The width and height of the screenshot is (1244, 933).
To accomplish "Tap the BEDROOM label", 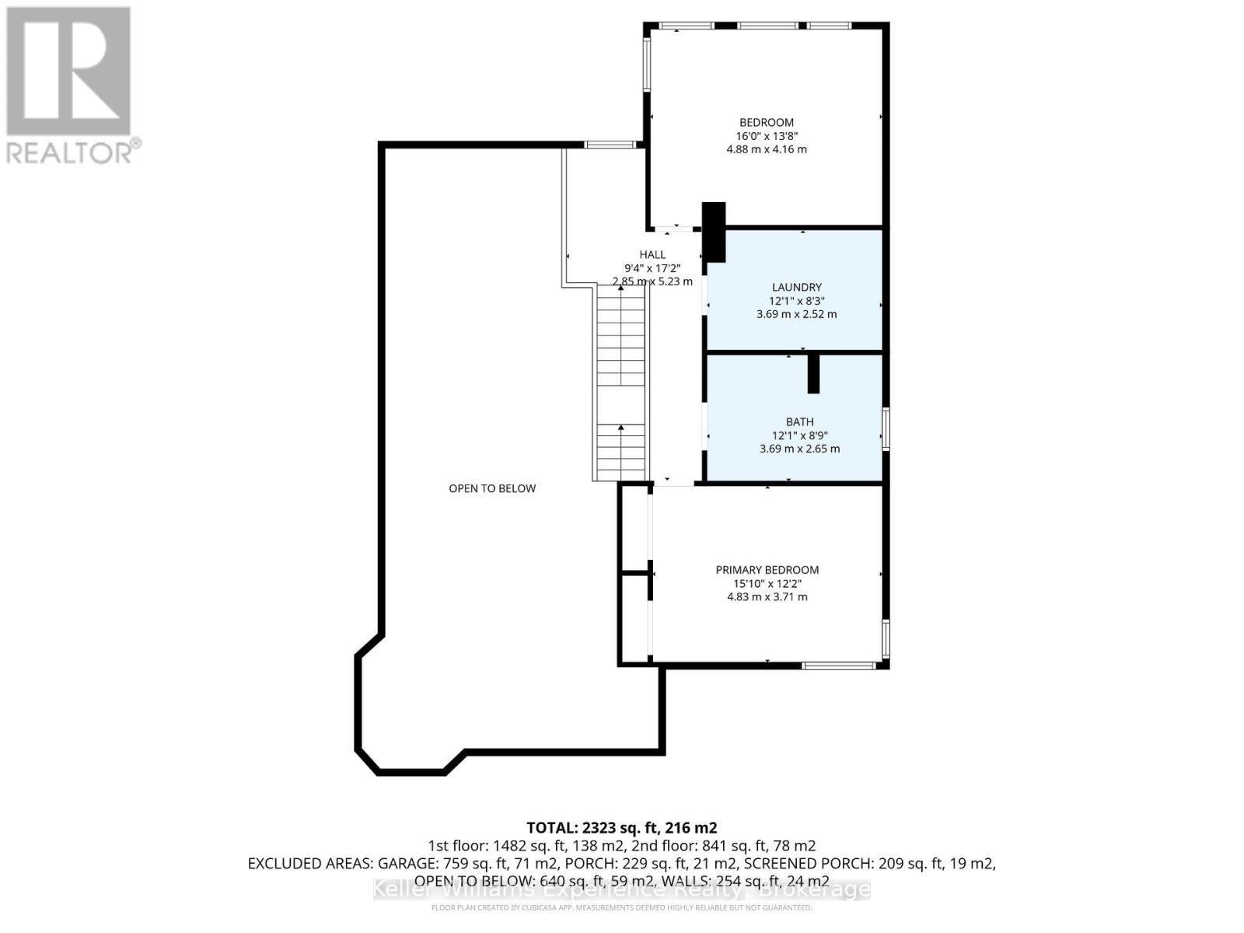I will click(x=766, y=122).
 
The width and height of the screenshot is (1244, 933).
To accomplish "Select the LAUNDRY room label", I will click(x=796, y=287).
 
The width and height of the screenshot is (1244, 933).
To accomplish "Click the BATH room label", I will click(x=799, y=421).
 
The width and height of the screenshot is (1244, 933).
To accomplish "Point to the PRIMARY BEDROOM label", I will click(x=767, y=570).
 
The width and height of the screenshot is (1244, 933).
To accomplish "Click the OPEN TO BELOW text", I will click(x=492, y=488).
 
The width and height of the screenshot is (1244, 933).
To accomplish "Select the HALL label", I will click(x=652, y=254).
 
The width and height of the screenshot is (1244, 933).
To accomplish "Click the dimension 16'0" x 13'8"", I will click(x=766, y=135).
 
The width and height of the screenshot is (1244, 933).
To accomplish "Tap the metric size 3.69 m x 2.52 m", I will click(x=796, y=314).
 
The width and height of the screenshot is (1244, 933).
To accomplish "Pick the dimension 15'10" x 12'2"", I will click(x=767, y=583).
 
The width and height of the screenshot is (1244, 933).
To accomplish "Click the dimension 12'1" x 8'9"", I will click(x=799, y=435).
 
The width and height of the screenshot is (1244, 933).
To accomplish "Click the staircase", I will click(x=620, y=381).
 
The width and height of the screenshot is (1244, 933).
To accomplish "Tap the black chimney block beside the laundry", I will click(x=714, y=232).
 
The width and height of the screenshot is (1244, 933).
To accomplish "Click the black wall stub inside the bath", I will click(x=813, y=373).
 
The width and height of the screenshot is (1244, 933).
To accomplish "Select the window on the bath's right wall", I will click(x=886, y=428).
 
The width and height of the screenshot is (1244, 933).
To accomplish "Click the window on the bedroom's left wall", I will click(x=646, y=65).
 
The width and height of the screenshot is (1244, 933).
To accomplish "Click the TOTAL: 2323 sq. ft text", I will click(x=621, y=827).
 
